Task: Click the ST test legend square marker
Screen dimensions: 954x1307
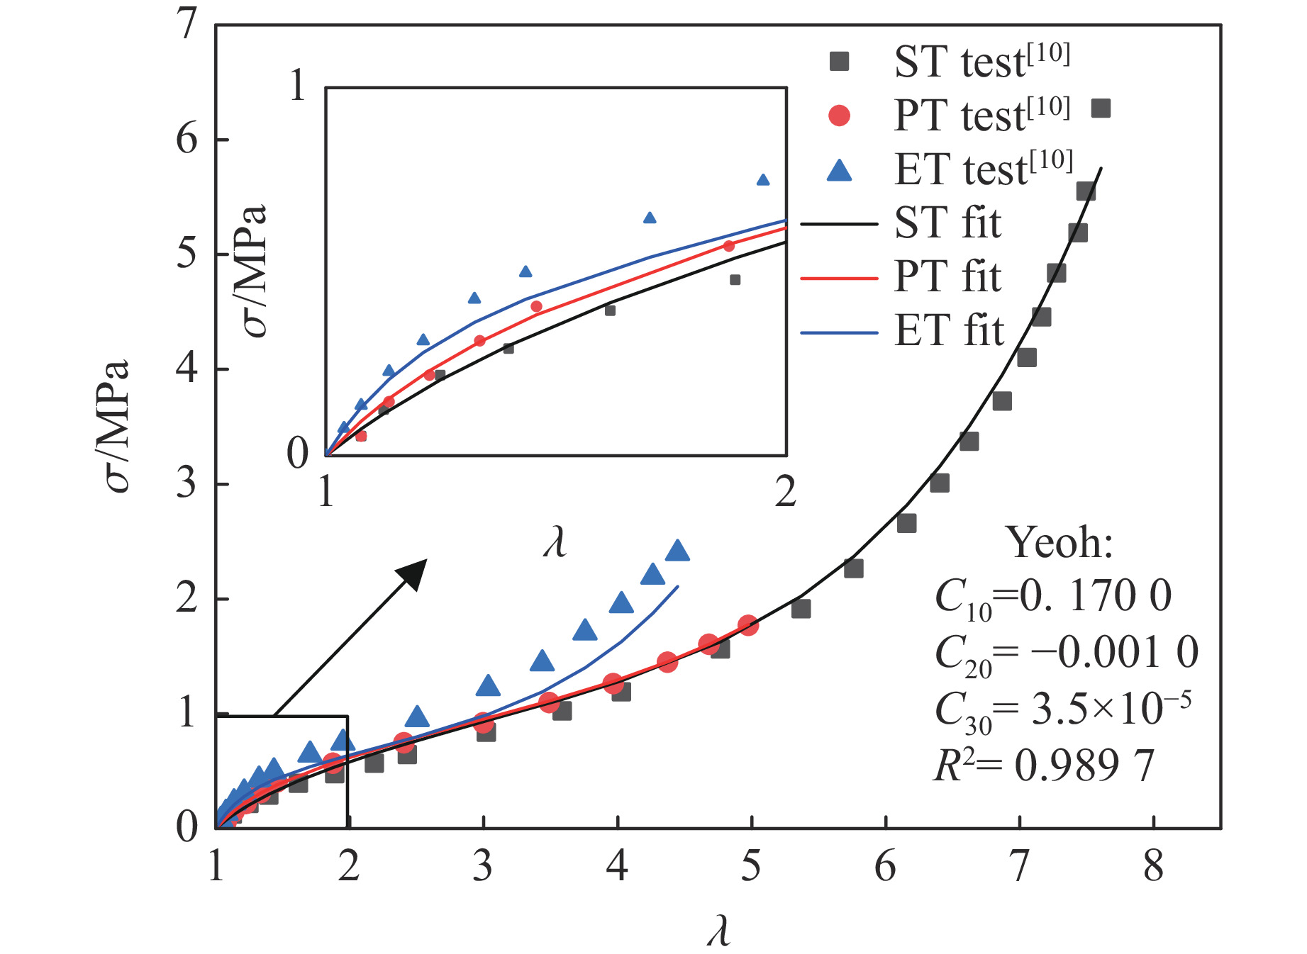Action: click(839, 62)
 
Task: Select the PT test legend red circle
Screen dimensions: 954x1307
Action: click(839, 116)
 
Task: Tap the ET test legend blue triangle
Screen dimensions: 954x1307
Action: click(839, 171)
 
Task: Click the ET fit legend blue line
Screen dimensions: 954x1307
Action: click(839, 332)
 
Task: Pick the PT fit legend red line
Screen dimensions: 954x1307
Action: click(839, 279)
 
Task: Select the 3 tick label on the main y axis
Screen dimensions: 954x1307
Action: click(187, 484)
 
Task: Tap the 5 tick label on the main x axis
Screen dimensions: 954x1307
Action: click(751, 867)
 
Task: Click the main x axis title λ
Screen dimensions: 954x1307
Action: click(718, 931)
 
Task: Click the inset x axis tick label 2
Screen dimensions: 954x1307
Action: click(786, 491)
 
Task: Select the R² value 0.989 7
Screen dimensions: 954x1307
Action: click(1084, 766)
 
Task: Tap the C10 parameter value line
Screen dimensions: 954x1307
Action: click(1053, 596)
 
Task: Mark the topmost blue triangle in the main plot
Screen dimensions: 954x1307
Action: click(678, 551)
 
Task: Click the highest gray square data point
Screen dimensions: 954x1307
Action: click(1101, 108)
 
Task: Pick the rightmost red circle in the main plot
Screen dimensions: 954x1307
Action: click(748, 625)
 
